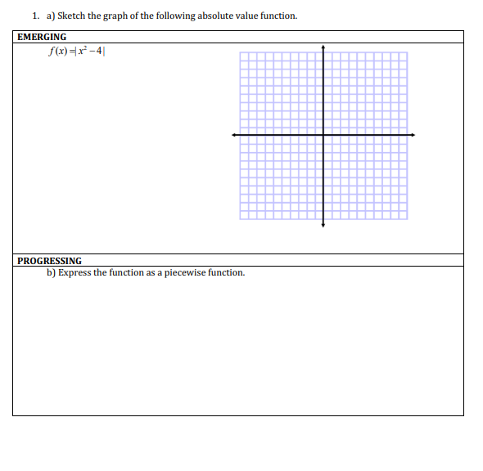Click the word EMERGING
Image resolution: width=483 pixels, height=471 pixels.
pos(43,37)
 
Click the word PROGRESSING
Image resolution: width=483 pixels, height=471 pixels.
pos(49,261)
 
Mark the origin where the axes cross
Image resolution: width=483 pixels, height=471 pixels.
pos(323,135)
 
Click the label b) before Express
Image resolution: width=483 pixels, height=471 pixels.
pos(51,272)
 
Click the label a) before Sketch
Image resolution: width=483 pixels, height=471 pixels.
pos(51,16)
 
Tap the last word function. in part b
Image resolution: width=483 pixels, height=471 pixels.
pos(227,272)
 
